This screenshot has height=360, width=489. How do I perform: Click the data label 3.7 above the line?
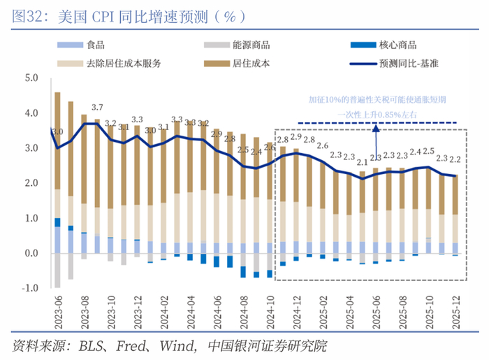tap(97, 108)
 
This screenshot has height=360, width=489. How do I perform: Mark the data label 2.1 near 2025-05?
tap(362, 162)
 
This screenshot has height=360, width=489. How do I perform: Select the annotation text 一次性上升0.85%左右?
tap(377, 114)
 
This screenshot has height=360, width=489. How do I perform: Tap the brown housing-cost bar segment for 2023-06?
tap(57, 140)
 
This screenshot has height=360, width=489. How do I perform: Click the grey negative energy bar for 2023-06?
tap(57, 270)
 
